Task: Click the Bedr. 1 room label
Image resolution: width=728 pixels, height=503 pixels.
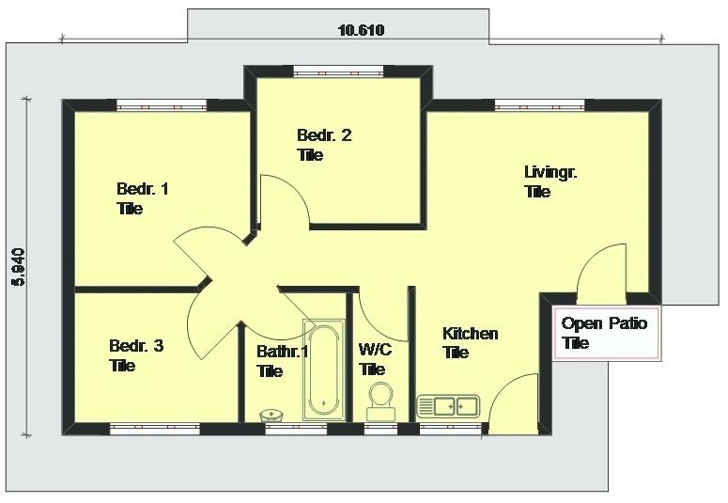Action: [x=143, y=198]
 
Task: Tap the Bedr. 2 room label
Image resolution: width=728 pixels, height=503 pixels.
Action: [x=324, y=145]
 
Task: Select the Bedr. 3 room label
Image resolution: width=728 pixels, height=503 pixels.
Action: [x=136, y=355]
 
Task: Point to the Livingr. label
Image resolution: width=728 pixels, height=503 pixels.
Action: [x=550, y=181]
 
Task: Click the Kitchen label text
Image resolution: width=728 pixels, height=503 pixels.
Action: [x=470, y=342]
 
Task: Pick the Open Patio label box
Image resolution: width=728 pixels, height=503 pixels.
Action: [x=604, y=333]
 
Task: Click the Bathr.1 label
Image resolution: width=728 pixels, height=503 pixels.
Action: [x=283, y=361]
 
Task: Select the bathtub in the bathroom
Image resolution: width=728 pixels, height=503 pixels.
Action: [x=323, y=369]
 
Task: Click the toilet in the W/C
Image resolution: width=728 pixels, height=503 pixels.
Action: [x=380, y=399]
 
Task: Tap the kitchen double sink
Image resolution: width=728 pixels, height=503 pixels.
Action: [x=448, y=406]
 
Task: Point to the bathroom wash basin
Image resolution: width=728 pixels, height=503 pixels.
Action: [x=272, y=414]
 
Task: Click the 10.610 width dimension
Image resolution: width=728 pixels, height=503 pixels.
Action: [x=361, y=30]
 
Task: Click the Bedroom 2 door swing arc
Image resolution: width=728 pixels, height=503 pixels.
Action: [x=287, y=198]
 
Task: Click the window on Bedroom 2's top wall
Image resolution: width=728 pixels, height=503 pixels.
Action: [x=338, y=71]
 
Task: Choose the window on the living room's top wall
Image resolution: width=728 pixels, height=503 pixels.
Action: [x=540, y=106]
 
